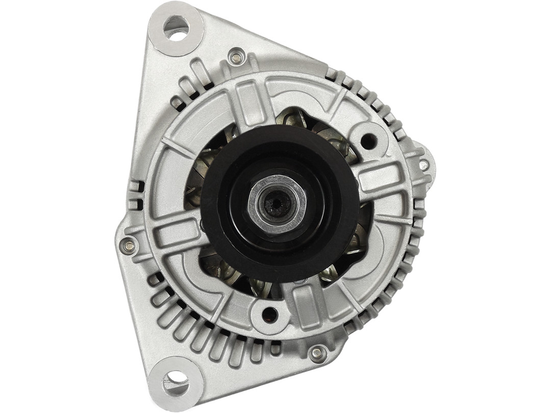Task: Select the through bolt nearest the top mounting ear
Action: click(x=236, y=58)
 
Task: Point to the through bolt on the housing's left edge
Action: click(x=129, y=246)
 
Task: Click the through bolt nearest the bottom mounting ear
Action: click(x=317, y=352)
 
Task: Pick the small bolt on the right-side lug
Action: click(x=423, y=165)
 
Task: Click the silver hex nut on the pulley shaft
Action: click(x=277, y=204)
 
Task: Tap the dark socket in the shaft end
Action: click(x=276, y=204)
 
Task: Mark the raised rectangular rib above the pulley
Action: click(x=248, y=105)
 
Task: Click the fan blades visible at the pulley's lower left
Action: click(x=224, y=270)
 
